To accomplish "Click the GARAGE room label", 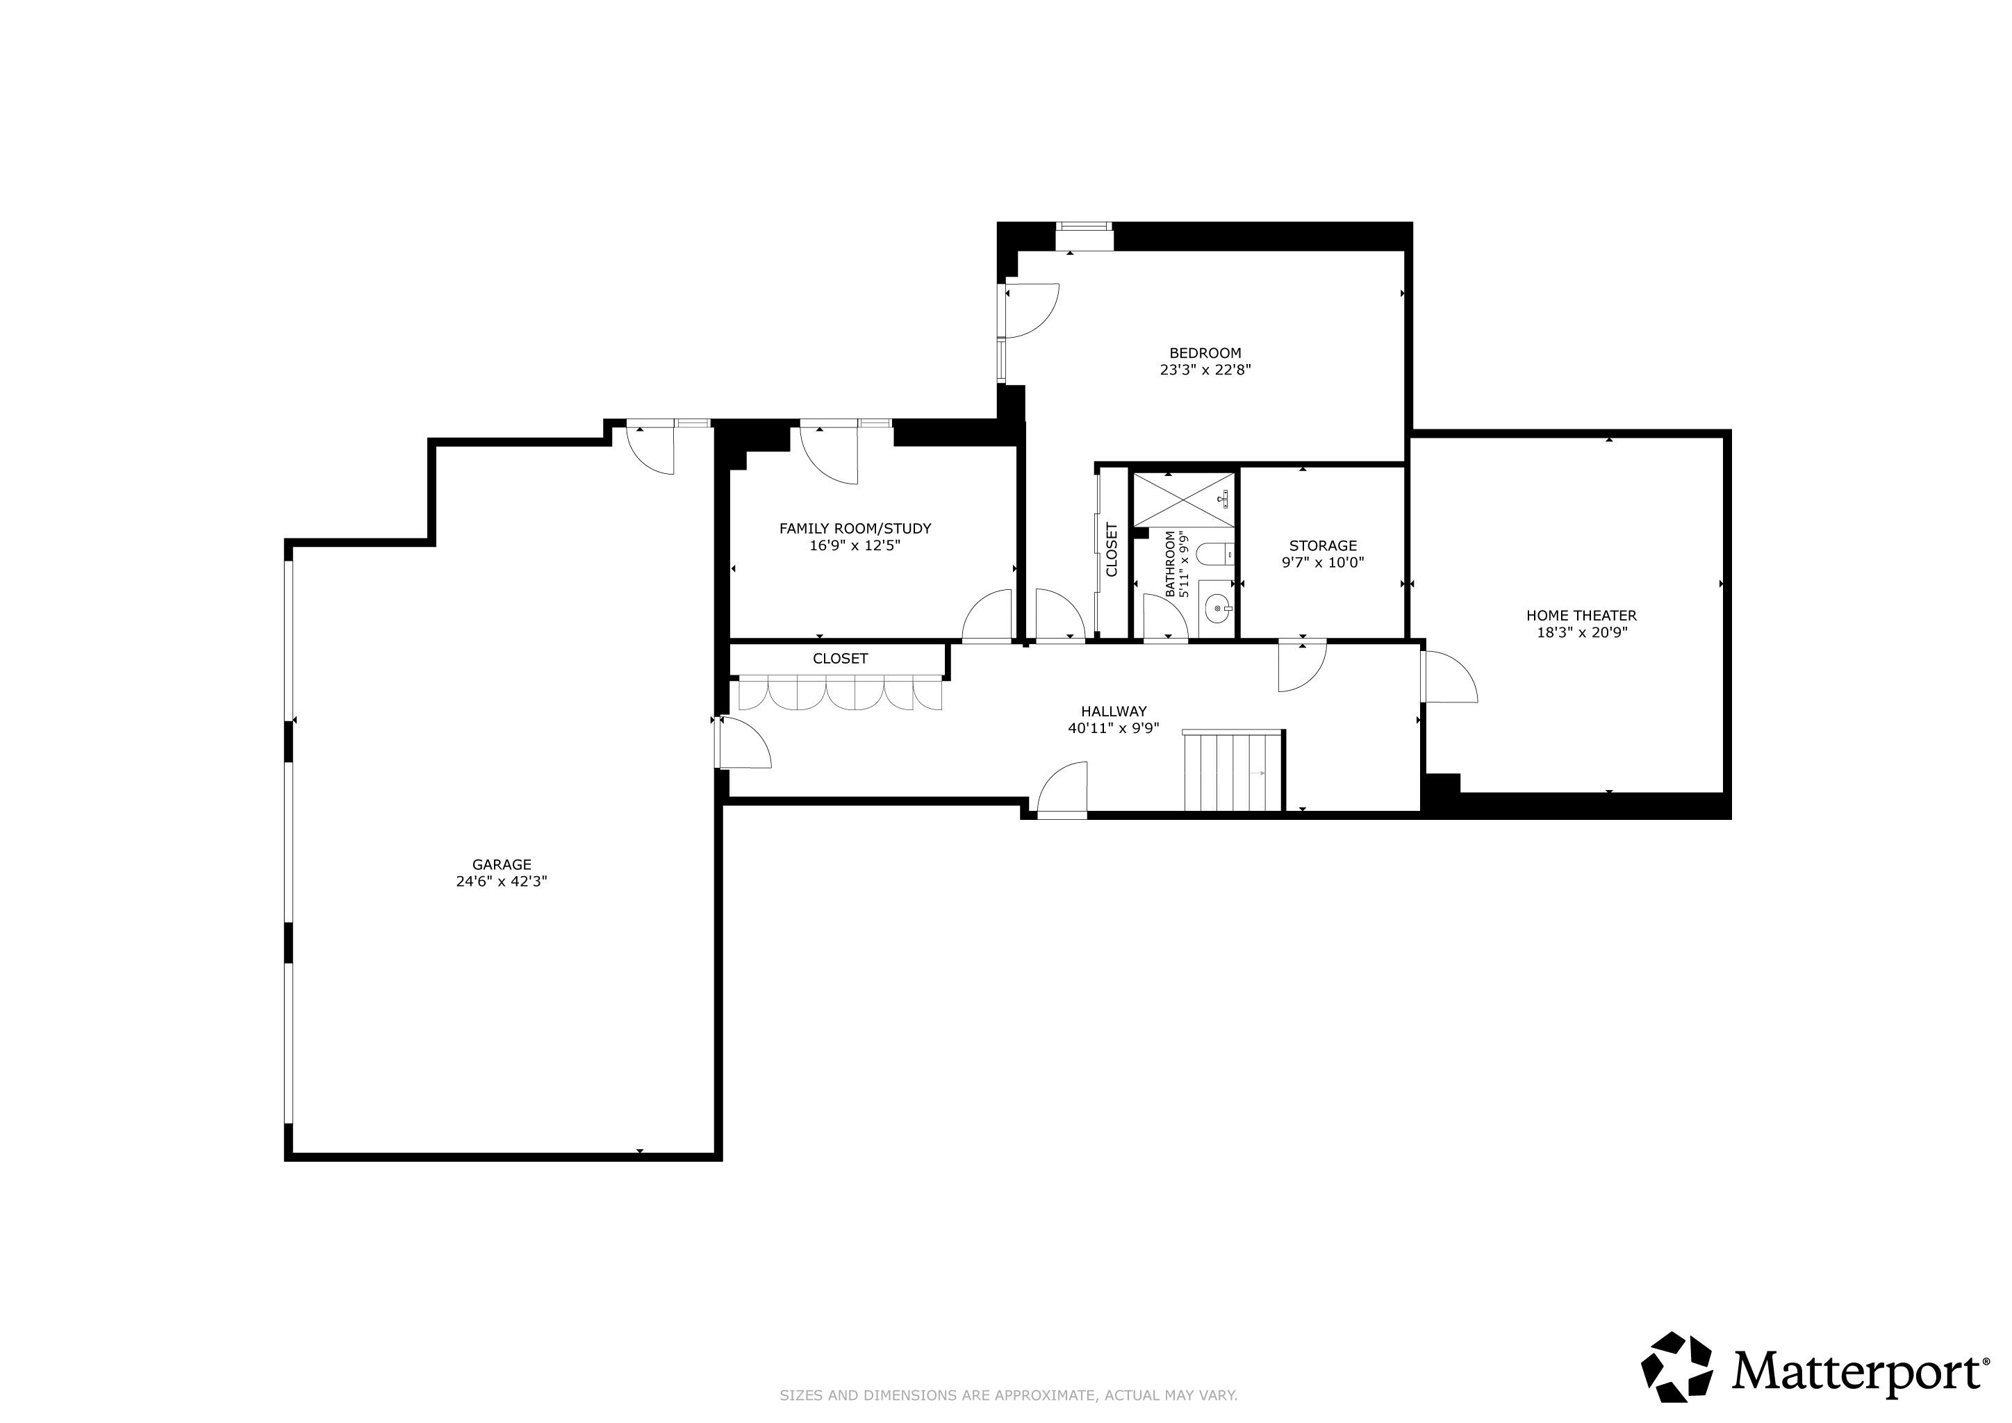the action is (501, 865).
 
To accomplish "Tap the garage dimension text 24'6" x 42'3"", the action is (501, 882).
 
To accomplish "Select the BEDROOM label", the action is (1205, 353).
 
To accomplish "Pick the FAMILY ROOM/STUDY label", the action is (855, 528).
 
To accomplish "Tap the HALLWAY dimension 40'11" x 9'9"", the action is (1114, 728).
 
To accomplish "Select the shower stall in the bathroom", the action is (1184, 500).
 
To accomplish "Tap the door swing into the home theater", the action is (1450, 675).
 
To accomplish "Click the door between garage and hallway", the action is (743, 742).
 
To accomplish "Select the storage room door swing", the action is (1302, 666).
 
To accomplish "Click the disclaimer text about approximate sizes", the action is (1009, 1396).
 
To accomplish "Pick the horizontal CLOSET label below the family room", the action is (841, 659).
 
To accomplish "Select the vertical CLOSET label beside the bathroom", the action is (1112, 550).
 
